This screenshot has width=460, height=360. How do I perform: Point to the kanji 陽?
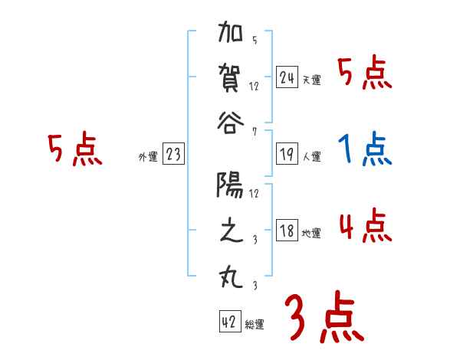[x=231, y=185]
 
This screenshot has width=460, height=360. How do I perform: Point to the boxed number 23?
[x=173, y=155]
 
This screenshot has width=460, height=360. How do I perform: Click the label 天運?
[x=311, y=80]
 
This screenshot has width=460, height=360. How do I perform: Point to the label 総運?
[x=255, y=325]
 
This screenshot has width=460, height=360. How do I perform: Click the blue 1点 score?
[x=365, y=150]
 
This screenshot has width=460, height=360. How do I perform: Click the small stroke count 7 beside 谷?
[x=254, y=133]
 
